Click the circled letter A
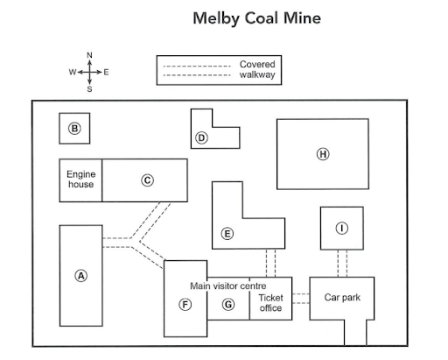tap(81, 276)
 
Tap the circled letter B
tap(74, 129)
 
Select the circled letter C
tap(147, 180)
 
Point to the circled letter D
tap(201, 138)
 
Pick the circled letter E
tap(227, 234)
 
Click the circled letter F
tap(185, 305)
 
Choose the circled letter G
tap(228, 305)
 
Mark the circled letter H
tap(323, 154)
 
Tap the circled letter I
tap(342, 228)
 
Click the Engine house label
tap(80, 180)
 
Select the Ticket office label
tap(270, 303)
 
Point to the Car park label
tap(342, 298)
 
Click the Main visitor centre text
tap(228, 286)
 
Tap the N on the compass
tap(89, 55)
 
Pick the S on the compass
tap(89, 89)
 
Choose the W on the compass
tap(73, 72)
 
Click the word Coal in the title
tap(261, 18)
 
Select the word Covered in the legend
tap(257, 64)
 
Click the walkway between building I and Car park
tap(342, 264)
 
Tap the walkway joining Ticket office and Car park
tap(301, 299)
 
